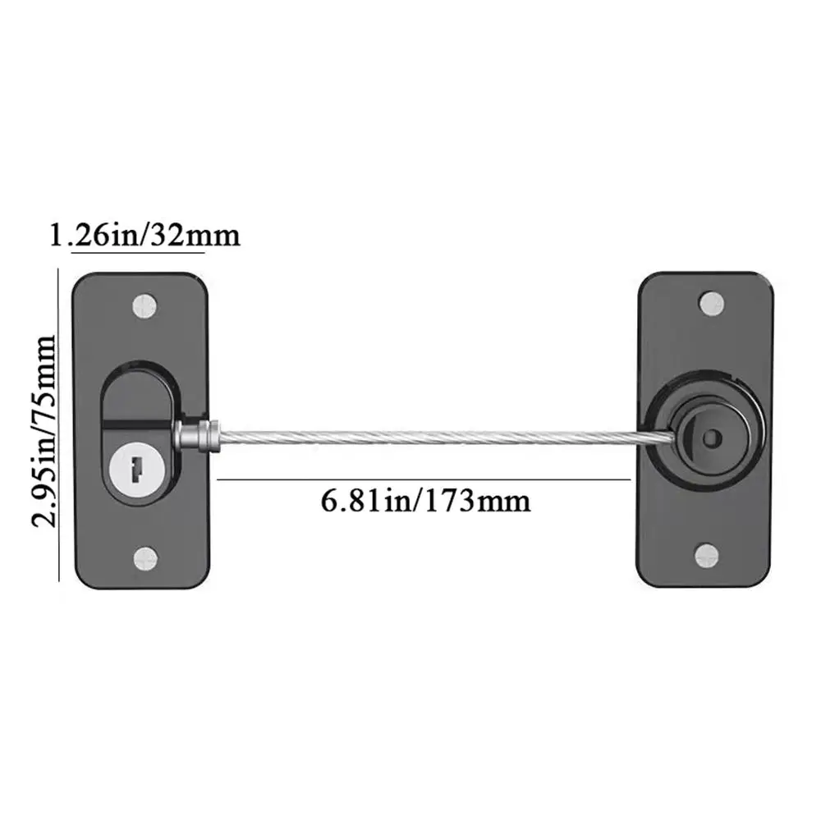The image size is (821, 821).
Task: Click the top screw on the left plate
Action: click(x=145, y=305)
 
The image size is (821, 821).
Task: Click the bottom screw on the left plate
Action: click(x=145, y=558)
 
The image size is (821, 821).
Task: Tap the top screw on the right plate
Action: click(x=711, y=303)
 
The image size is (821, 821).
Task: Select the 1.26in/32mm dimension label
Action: click(x=144, y=235)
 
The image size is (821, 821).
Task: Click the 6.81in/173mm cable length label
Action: click(x=425, y=499)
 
